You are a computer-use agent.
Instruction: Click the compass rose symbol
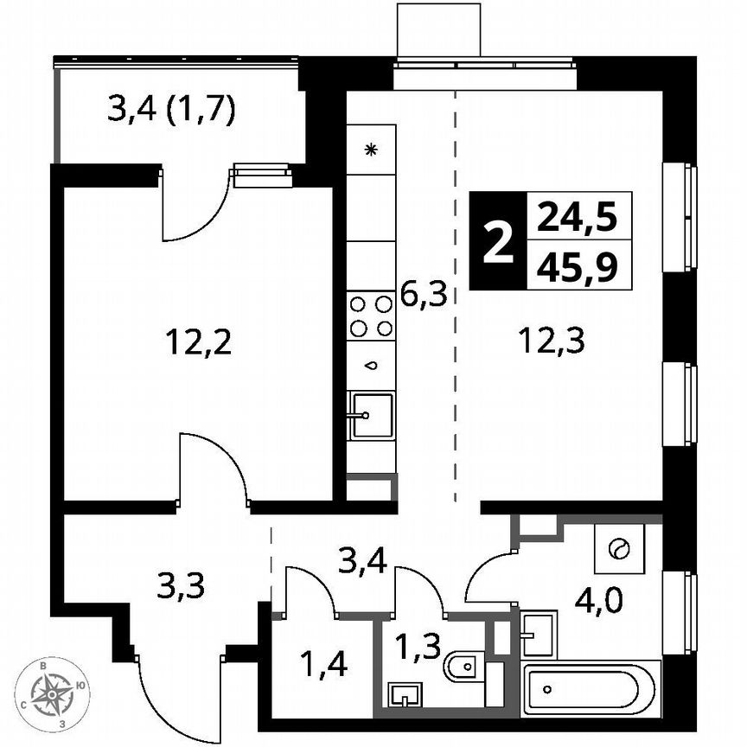point(55,691)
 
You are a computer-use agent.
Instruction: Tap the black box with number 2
point(495,241)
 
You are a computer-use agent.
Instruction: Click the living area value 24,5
point(577,216)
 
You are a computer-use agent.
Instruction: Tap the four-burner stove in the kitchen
point(371,316)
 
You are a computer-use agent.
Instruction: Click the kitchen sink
point(370,416)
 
